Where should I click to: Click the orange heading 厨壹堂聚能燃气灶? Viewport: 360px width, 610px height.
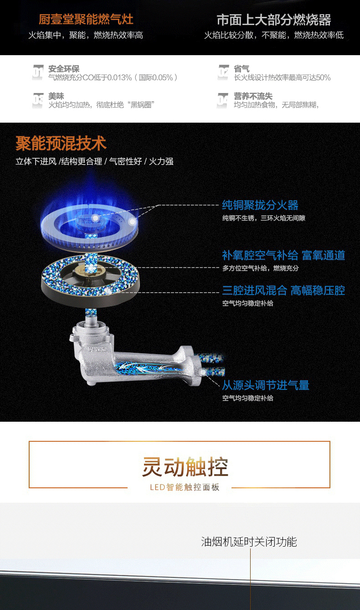pos(86,20)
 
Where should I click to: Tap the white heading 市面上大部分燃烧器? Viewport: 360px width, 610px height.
pos(274,20)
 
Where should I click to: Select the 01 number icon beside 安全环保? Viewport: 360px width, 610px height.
pos(38,72)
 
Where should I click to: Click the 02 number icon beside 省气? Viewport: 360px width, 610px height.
pos(223,72)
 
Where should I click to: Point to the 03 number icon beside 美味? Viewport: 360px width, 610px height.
pos(38,100)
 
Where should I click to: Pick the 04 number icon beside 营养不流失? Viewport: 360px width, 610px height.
pos(222,100)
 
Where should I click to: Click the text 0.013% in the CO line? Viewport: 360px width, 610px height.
pos(120,78)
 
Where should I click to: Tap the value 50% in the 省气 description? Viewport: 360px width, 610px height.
pos(323,78)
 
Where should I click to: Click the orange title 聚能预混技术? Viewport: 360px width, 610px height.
pos(61,143)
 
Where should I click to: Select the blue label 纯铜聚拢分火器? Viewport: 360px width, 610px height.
pos(260,205)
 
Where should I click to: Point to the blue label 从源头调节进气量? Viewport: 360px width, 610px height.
pos(266,385)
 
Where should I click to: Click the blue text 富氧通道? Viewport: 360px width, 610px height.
pos(324,255)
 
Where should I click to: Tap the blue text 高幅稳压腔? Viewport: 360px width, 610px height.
pos(318,290)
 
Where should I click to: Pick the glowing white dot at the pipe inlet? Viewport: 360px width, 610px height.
pos(203,372)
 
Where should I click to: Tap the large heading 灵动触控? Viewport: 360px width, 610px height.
pos(185,467)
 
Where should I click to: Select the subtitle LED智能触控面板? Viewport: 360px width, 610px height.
pos(185,487)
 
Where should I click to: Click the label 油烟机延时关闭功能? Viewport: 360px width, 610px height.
pos(249,542)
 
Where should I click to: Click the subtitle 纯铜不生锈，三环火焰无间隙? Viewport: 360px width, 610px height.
pos(264,218)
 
